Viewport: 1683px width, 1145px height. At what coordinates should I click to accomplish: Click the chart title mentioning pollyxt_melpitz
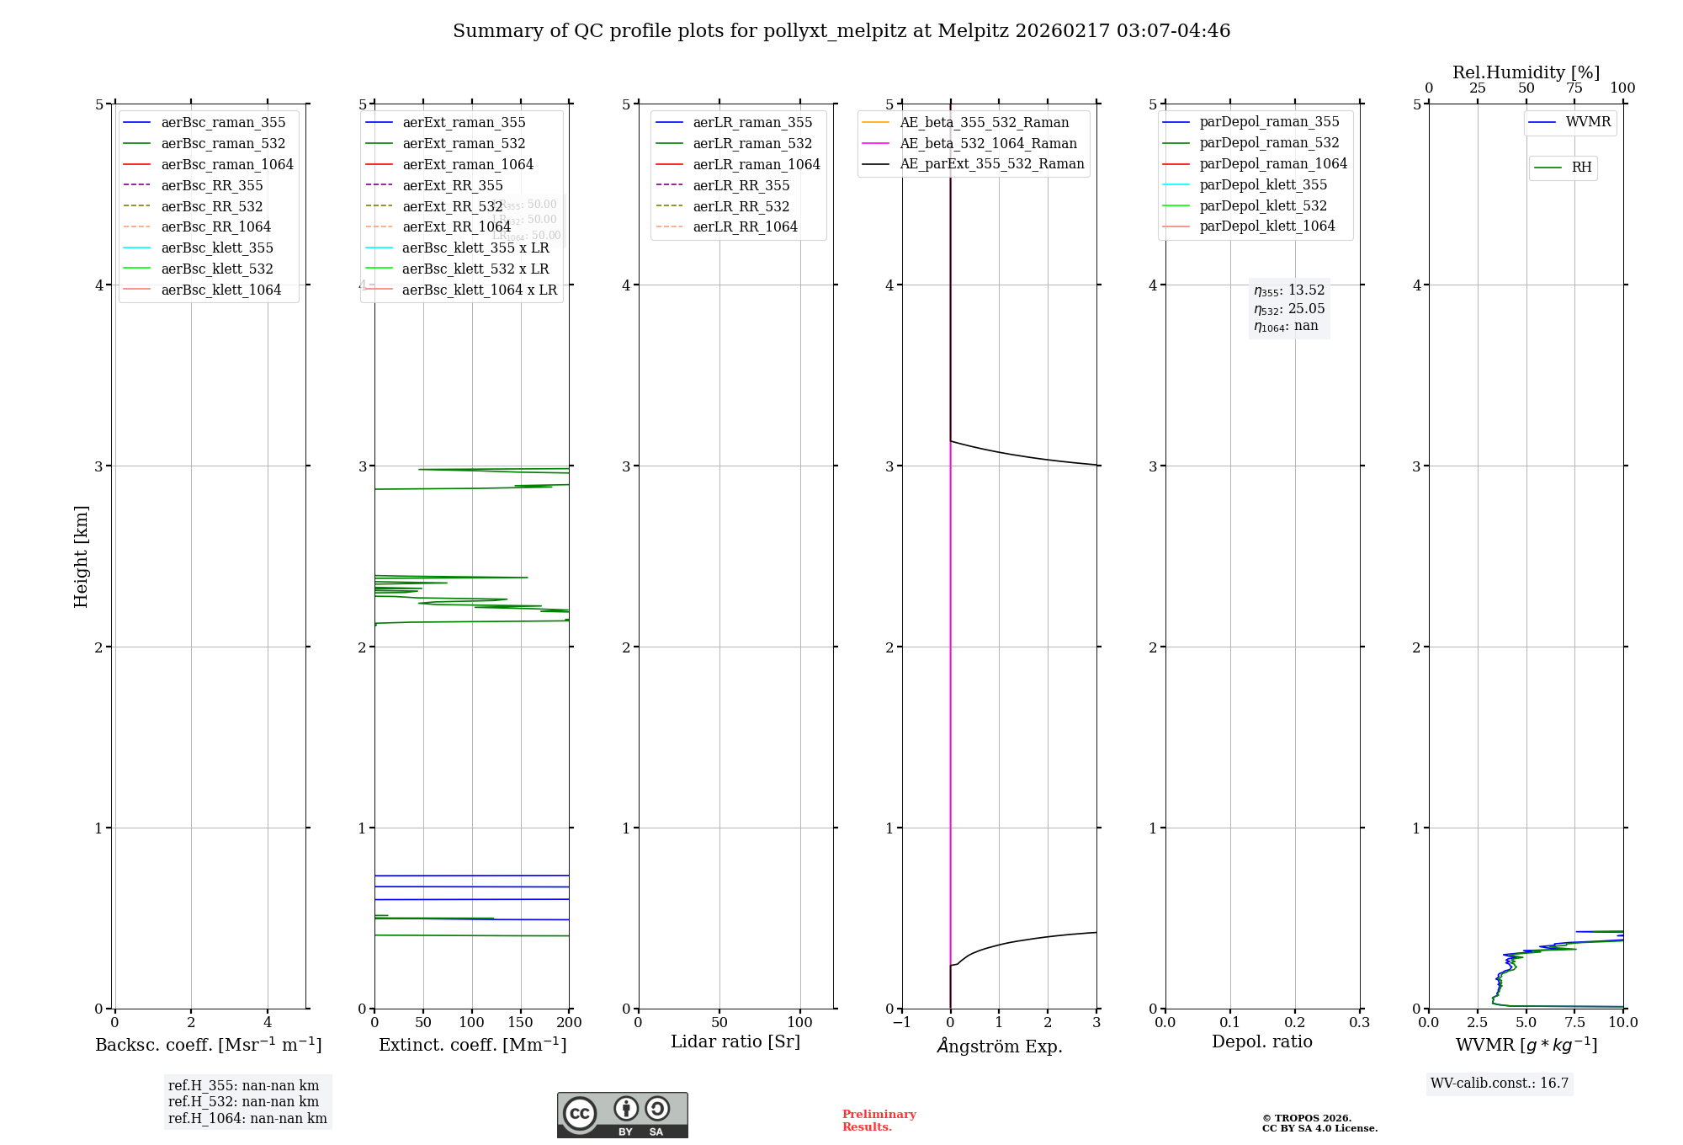tap(841, 31)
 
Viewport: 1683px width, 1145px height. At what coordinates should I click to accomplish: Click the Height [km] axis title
tap(81, 557)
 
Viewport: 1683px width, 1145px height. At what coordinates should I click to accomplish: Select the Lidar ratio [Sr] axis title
tap(735, 1041)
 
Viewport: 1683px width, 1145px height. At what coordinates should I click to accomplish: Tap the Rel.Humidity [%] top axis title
tap(1526, 72)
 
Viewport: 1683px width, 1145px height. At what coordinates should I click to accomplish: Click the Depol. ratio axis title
tap(1261, 1041)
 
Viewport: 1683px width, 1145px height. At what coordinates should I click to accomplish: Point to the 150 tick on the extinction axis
tap(520, 1023)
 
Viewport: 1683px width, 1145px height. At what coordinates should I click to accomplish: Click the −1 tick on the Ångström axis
tap(901, 1023)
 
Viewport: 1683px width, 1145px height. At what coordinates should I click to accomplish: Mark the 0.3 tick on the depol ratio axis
tap(1359, 1023)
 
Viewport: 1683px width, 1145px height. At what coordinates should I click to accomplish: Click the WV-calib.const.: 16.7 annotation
tap(1500, 1084)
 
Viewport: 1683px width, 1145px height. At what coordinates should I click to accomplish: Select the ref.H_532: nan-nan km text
tap(243, 1102)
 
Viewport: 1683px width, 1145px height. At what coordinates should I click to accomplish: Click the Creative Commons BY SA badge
tap(622, 1116)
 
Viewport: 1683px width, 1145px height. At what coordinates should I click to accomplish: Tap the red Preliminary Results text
tap(879, 1121)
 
